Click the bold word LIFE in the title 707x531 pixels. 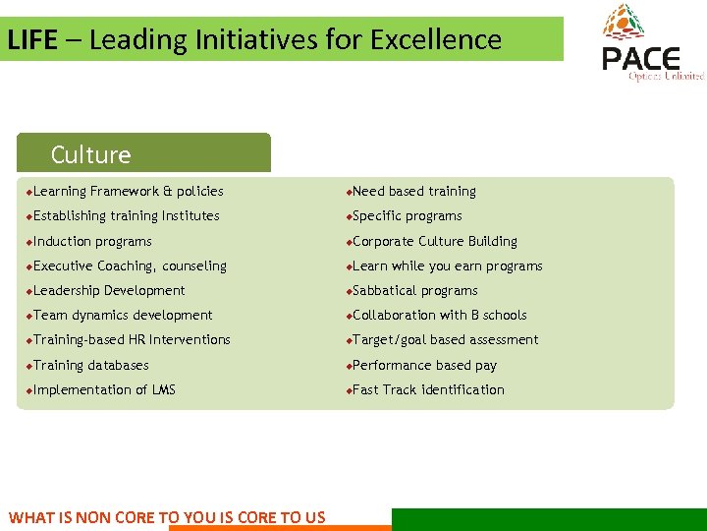tap(31, 40)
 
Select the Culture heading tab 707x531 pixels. tap(91, 154)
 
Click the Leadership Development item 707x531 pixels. tap(109, 290)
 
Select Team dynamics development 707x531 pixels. tap(123, 315)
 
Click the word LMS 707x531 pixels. tap(164, 389)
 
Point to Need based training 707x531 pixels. tap(413, 192)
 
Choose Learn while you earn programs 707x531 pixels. tap(447, 265)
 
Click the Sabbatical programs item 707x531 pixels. tap(414, 290)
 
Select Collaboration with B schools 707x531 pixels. tap(439, 315)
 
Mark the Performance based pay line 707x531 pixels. tap(424, 365)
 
